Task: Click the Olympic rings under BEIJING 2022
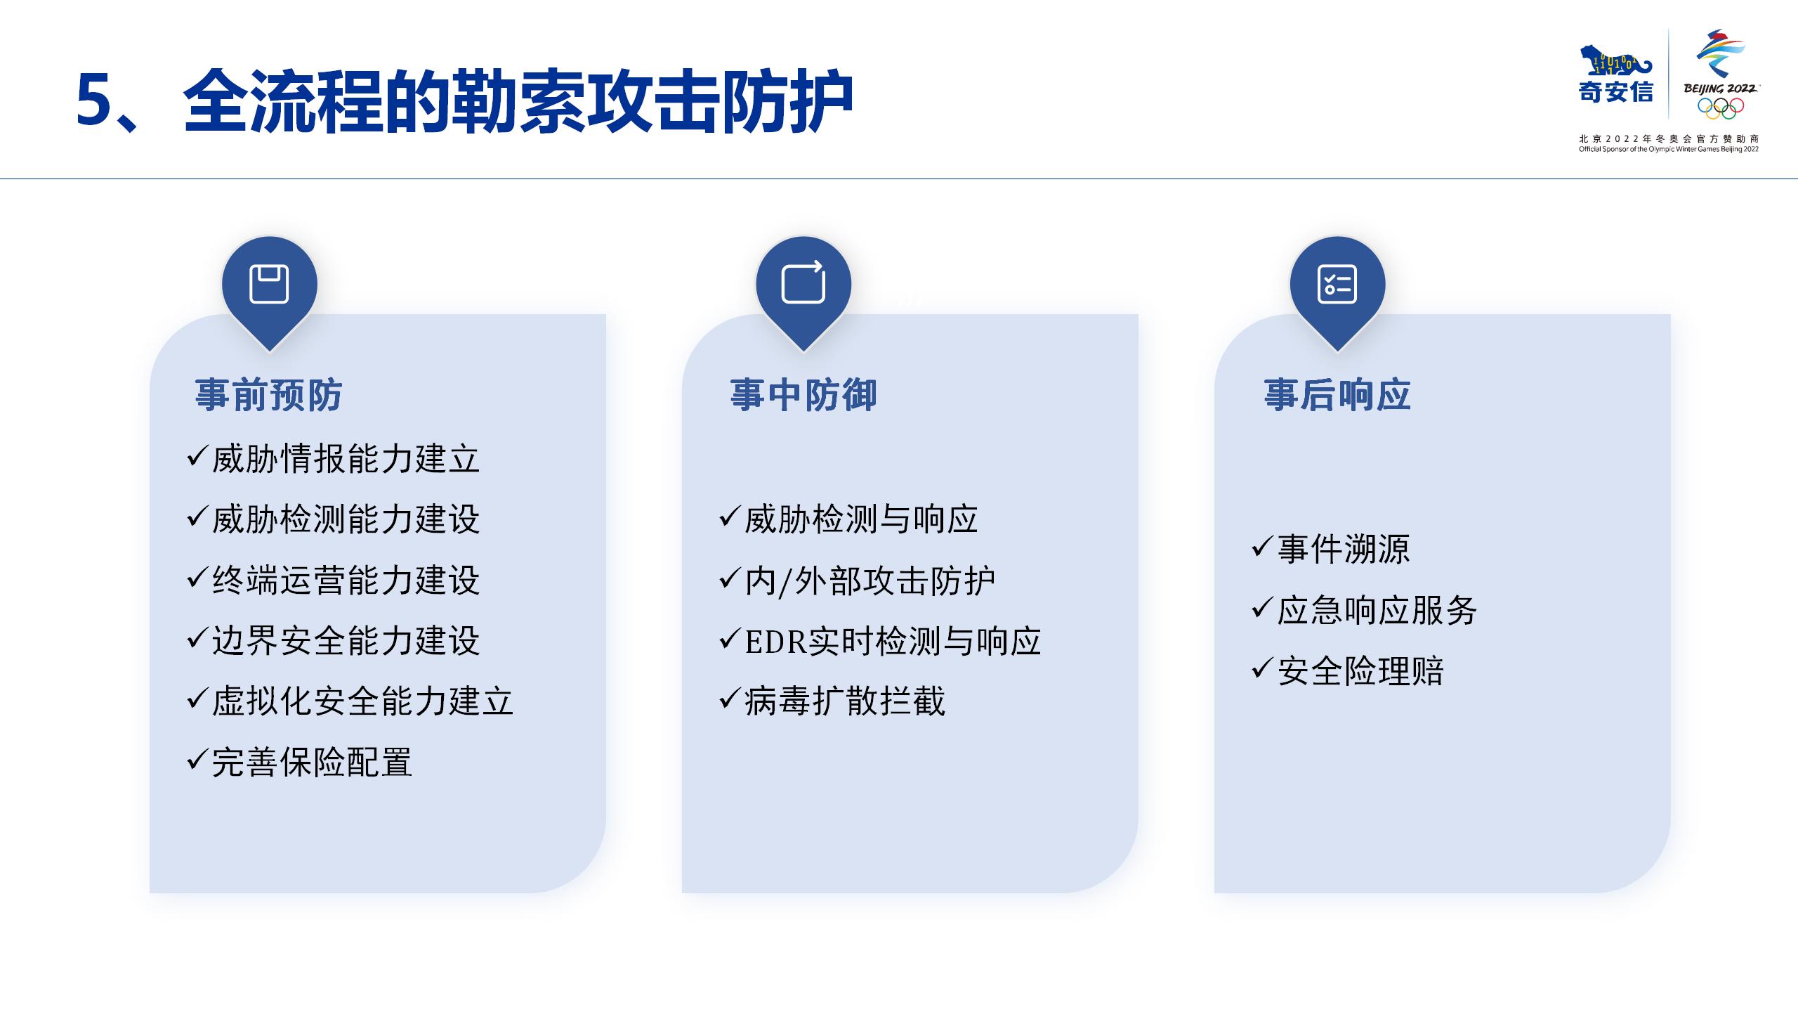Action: (x=1721, y=108)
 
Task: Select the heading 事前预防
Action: (x=269, y=394)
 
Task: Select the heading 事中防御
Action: (x=803, y=394)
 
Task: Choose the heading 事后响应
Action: (x=1337, y=394)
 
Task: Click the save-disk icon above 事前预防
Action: (x=270, y=284)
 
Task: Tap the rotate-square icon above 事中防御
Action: (x=803, y=283)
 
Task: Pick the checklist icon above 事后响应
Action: (x=1337, y=284)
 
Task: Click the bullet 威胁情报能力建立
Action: (x=346, y=459)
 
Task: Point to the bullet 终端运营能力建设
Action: (x=346, y=580)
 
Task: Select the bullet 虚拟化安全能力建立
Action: (x=362, y=701)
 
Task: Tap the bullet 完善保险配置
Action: (x=312, y=762)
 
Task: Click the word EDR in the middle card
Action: (x=775, y=642)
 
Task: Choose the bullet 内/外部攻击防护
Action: (x=870, y=581)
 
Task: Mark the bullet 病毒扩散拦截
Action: (x=845, y=701)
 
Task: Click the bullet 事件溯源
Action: (x=1344, y=549)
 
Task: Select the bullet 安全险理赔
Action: (x=1360, y=670)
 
